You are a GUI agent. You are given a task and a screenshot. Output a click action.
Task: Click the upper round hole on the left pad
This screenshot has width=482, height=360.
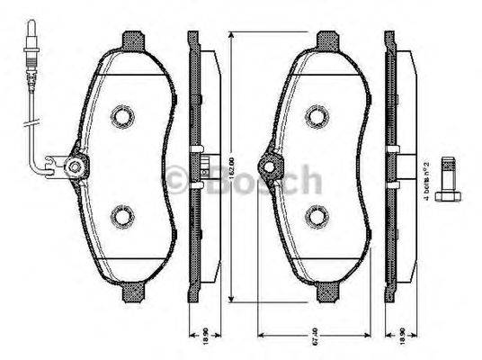click(x=122, y=115)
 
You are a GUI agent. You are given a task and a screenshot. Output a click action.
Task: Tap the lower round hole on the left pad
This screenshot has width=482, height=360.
click(x=122, y=216)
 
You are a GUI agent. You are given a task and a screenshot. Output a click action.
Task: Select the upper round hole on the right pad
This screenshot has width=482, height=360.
click(x=316, y=115)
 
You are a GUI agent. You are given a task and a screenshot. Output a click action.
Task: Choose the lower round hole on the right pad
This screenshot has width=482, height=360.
click(x=316, y=216)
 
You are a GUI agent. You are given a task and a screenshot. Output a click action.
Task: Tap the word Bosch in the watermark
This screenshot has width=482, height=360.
click(x=261, y=180)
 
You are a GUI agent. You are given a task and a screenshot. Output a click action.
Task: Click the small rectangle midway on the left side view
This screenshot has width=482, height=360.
click(x=206, y=167)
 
